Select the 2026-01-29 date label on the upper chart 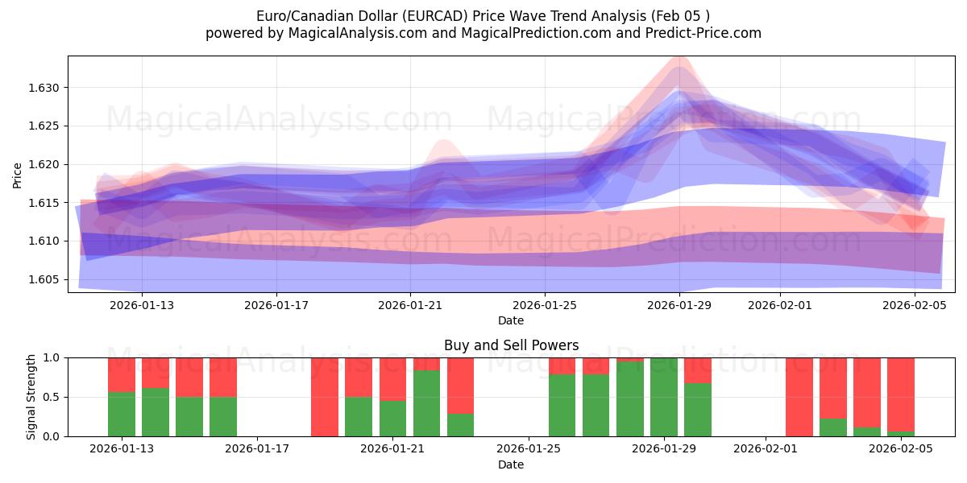coord(679,305)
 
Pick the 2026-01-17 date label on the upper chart coord(276,305)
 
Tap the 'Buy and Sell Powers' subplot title coord(511,345)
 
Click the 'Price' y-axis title coord(18,175)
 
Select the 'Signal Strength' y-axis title coord(31,397)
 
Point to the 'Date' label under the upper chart coord(511,320)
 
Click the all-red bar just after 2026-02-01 coord(799,397)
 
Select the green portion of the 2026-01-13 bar coord(122,415)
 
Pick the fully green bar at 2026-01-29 coord(664,397)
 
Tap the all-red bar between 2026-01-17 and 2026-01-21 coord(325,397)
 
